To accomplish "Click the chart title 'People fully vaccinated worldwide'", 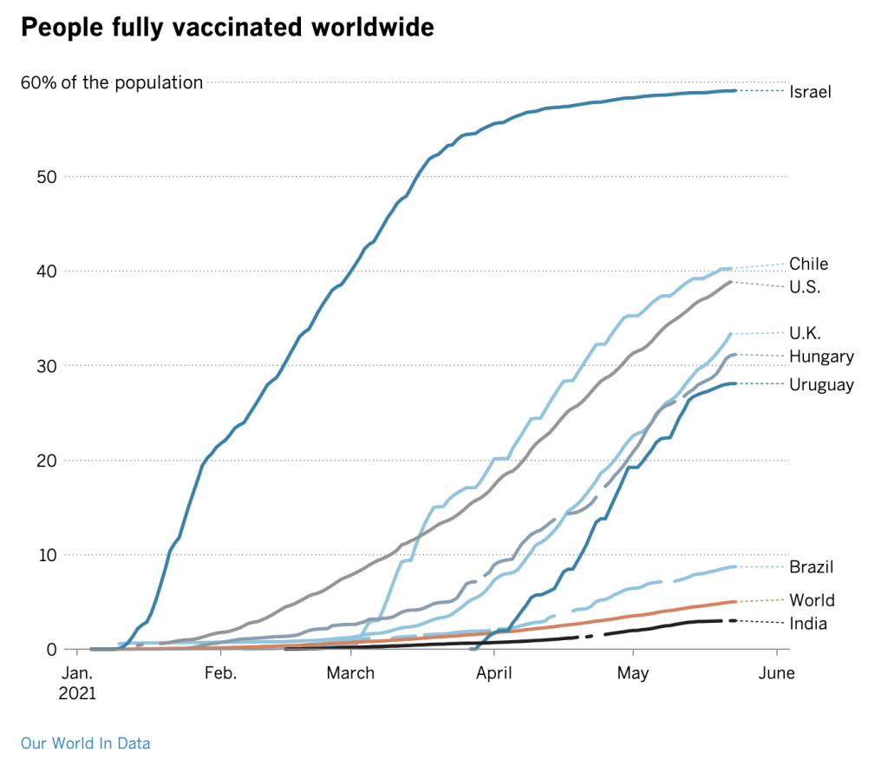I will (226, 28).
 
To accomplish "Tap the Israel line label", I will (810, 91).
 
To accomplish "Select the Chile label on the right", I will (808, 264).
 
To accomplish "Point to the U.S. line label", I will (805, 287).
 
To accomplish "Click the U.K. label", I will (805, 332).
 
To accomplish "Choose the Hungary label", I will (821, 357).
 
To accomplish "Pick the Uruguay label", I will (821, 385).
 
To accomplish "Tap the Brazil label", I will (811, 567).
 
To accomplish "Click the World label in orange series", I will (812, 600).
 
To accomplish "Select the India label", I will (807, 624).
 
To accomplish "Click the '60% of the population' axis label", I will (112, 83).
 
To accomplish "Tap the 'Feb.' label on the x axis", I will (219, 673).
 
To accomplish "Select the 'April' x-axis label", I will (493, 673).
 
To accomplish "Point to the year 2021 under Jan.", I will (78, 694).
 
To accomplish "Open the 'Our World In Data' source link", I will (85, 743).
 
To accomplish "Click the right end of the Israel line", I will (735, 90).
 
